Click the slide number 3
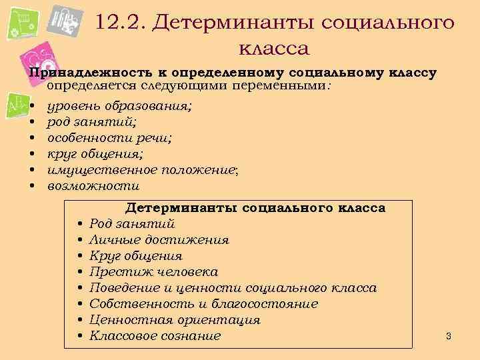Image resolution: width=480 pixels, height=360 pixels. coord(449,335)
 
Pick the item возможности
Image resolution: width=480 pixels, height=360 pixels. coord(93,185)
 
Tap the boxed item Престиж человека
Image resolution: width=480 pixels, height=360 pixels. coord(153,272)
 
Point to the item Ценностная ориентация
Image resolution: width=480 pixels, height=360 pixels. coord(174,320)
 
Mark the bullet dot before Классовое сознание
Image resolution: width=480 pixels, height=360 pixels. coord(79,336)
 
